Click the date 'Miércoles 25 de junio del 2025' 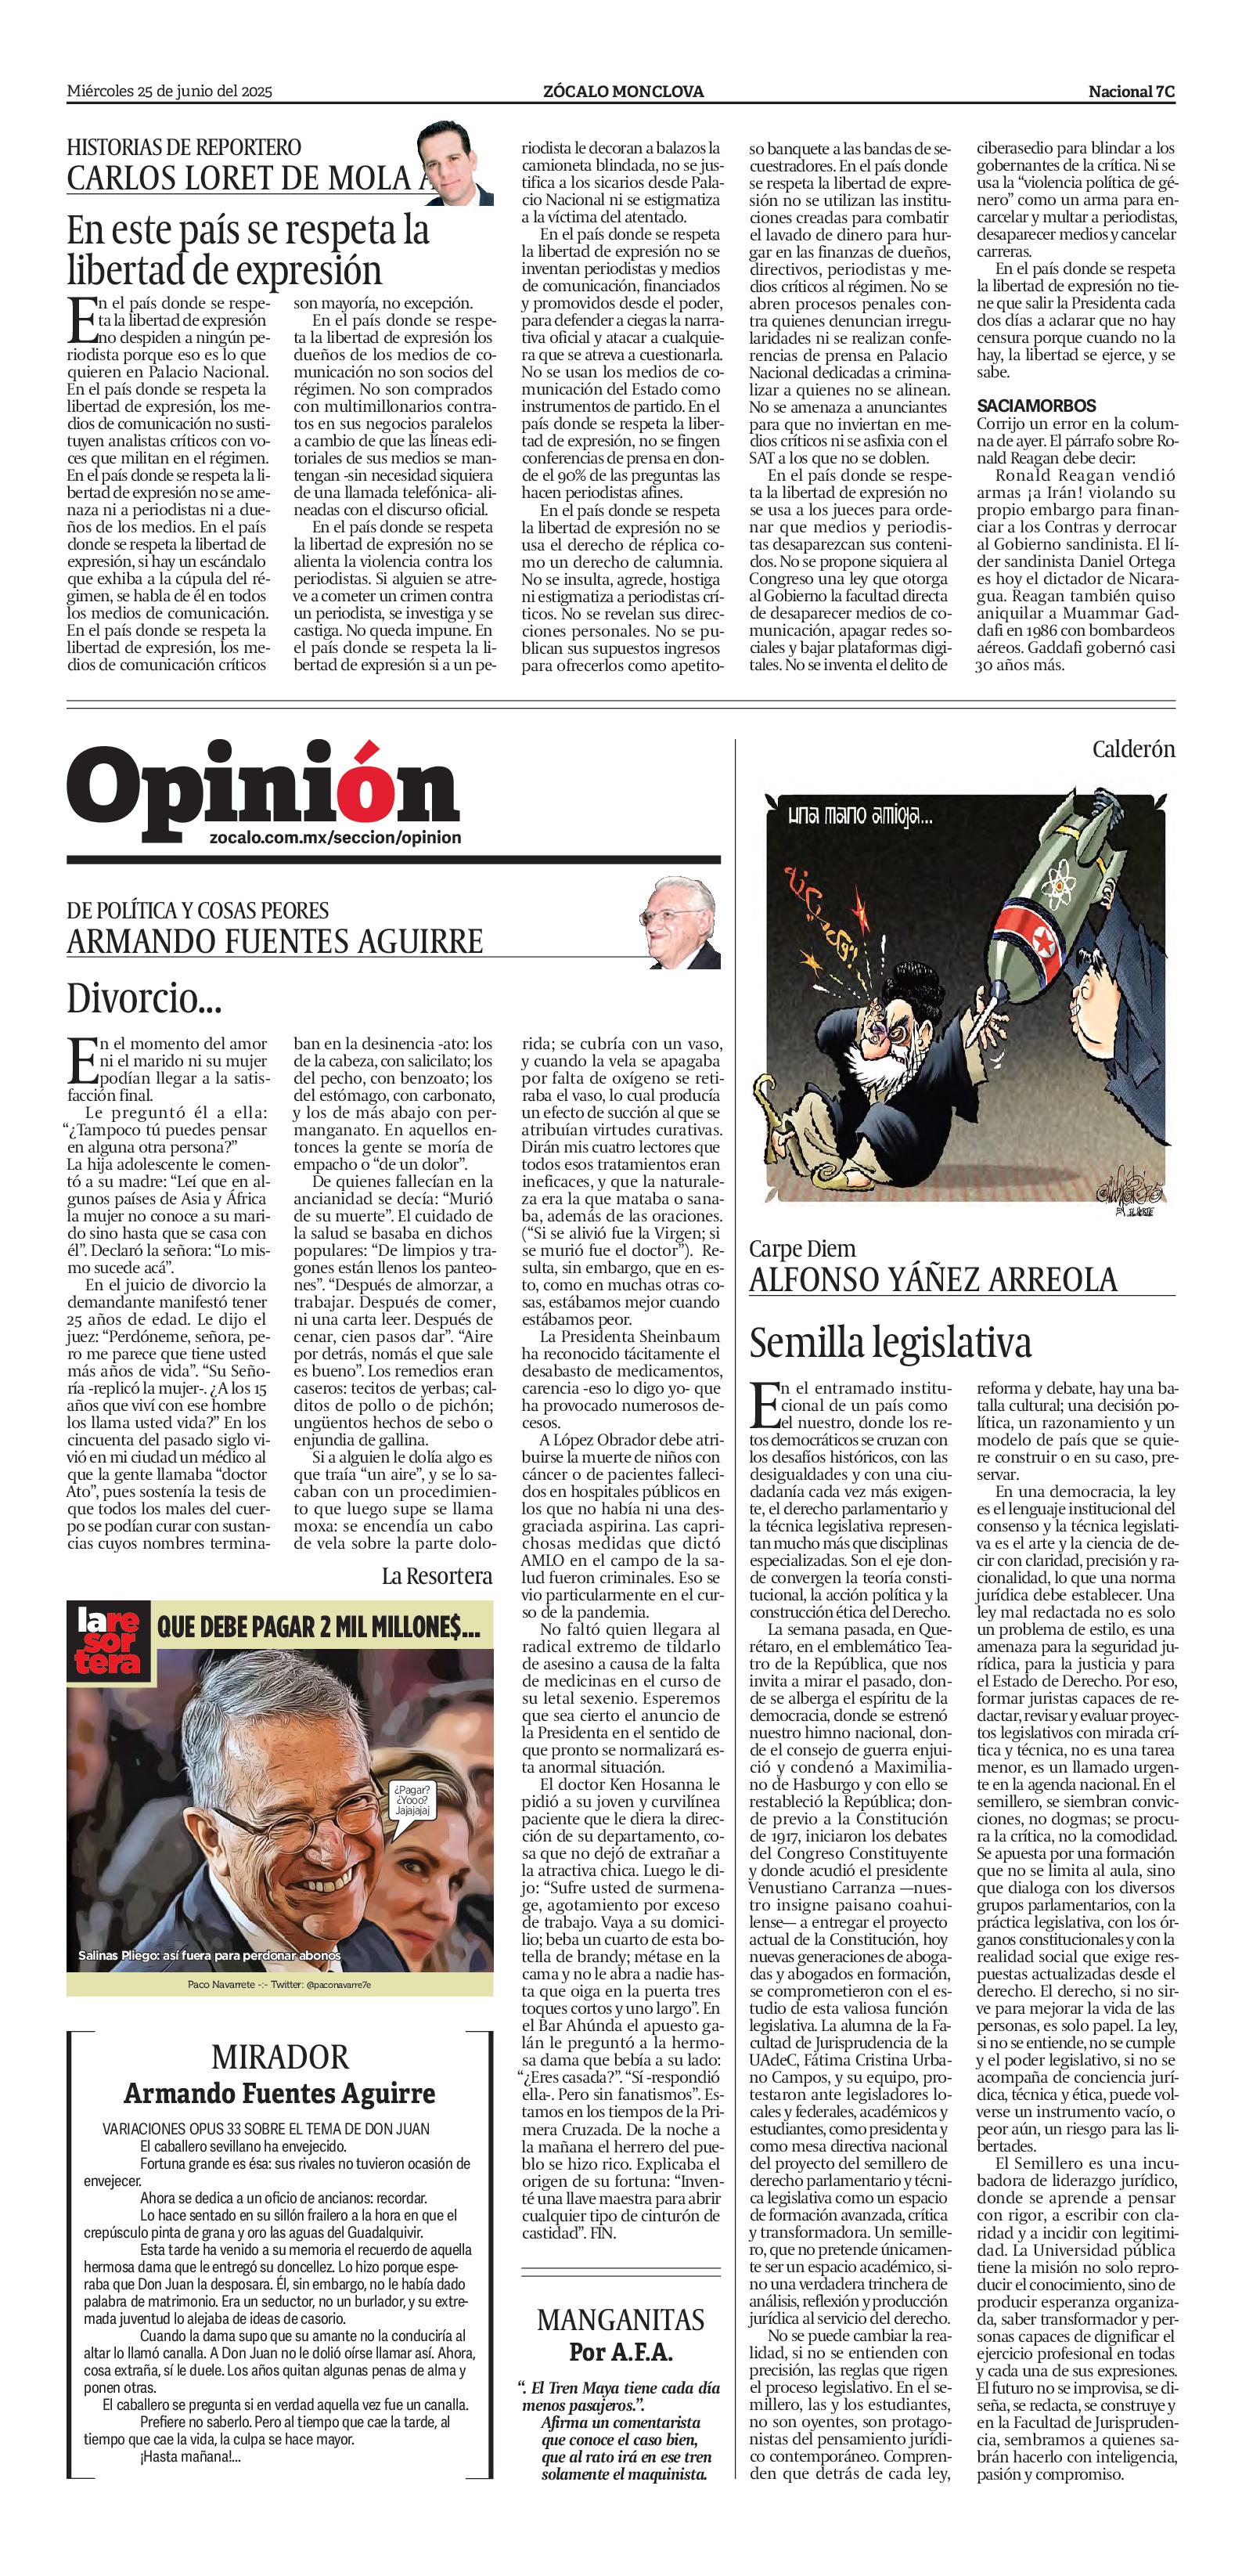pyautogui.click(x=169, y=92)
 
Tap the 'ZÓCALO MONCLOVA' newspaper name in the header pyautogui.click(x=623, y=92)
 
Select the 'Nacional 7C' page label pyautogui.click(x=1131, y=92)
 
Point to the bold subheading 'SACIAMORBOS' pyautogui.click(x=1036, y=406)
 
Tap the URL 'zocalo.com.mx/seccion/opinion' pyautogui.click(x=336, y=838)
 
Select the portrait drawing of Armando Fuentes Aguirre pyautogui.click(x=681, y=923)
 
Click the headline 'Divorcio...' pyautogui.click(x=144, y=997)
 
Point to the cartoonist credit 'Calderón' pyautogui.click(x=1132, y=749)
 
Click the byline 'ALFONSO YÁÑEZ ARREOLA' pyautogui.click(x=933, y=1279)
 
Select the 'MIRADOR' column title pyautogui.click(x=279, y=2057)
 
